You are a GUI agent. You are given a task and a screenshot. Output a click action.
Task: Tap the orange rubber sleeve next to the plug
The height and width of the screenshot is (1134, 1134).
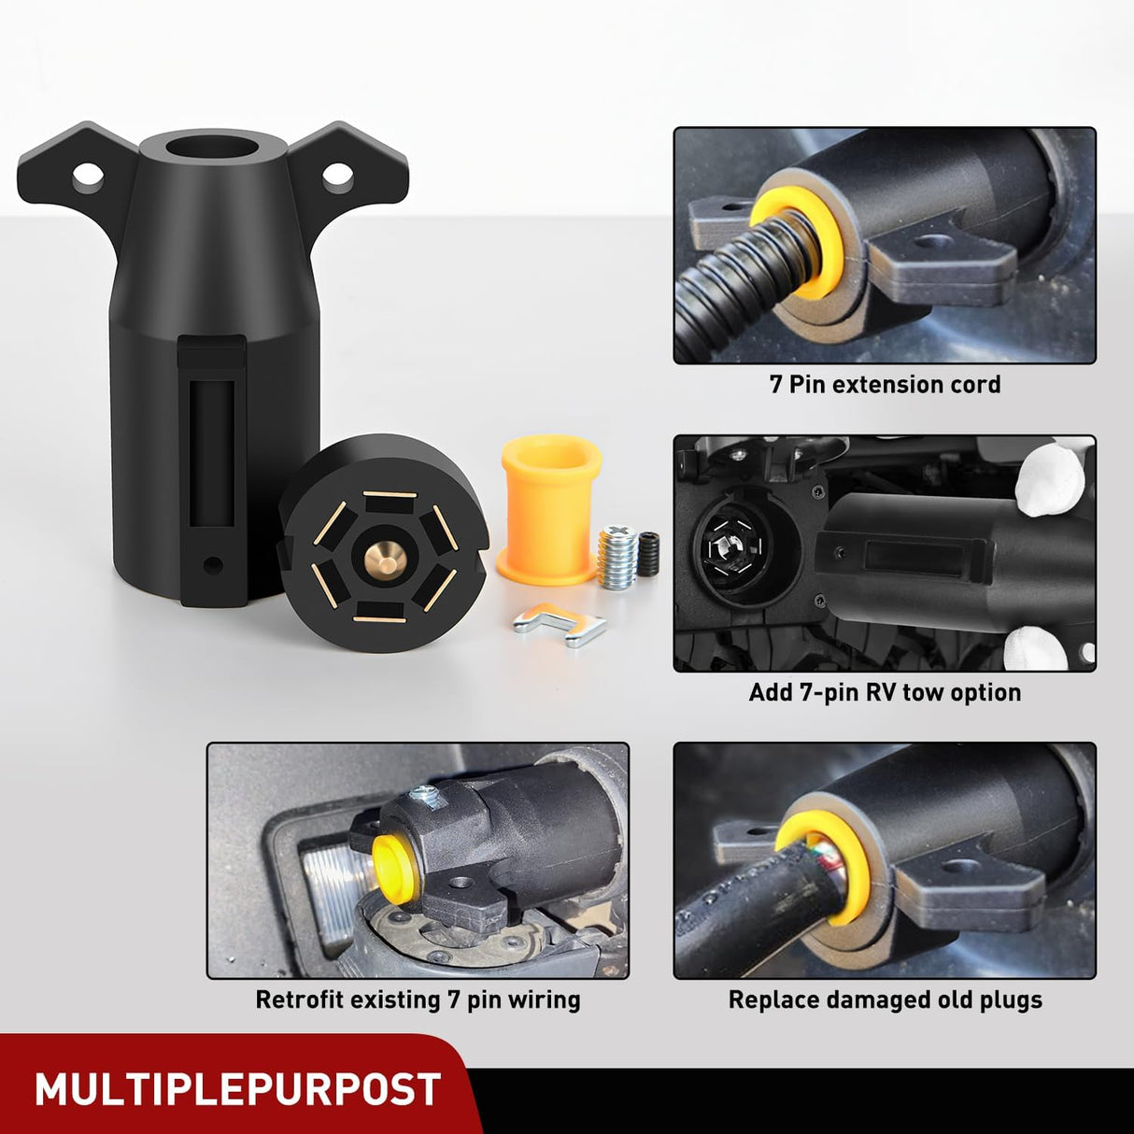tap(549, 509)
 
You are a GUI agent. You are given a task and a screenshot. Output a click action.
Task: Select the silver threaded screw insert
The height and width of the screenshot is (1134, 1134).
tap(617, 558)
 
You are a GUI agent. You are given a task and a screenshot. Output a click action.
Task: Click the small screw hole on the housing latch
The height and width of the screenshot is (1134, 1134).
tap(214, 564)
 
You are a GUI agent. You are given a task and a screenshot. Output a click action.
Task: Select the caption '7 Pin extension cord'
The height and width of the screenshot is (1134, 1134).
tap(885, 385)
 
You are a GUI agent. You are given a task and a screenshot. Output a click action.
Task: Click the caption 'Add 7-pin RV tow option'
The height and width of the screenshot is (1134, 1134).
tap(885, 693)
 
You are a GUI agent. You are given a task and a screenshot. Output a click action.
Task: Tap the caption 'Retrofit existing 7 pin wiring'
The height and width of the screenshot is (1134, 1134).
tap(418, 1000)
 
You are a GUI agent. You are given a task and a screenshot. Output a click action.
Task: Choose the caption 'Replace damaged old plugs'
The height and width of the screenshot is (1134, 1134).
tap(885, 1000)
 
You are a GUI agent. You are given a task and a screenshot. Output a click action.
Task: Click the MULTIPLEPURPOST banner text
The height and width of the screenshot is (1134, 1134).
tap(237, 1089)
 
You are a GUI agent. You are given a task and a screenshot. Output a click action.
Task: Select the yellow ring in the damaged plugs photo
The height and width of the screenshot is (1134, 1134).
tap(845, 864)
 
